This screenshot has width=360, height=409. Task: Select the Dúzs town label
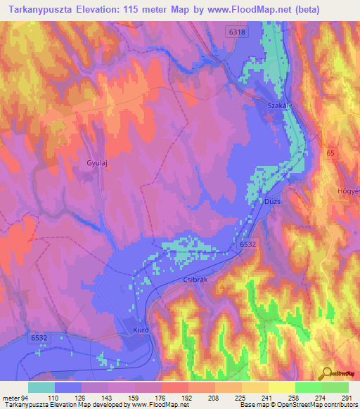coord(273,202)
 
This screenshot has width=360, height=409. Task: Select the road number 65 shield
coord(330,152)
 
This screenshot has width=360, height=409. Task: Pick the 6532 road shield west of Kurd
coord(39,338)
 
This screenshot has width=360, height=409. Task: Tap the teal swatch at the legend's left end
coord(41,387)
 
